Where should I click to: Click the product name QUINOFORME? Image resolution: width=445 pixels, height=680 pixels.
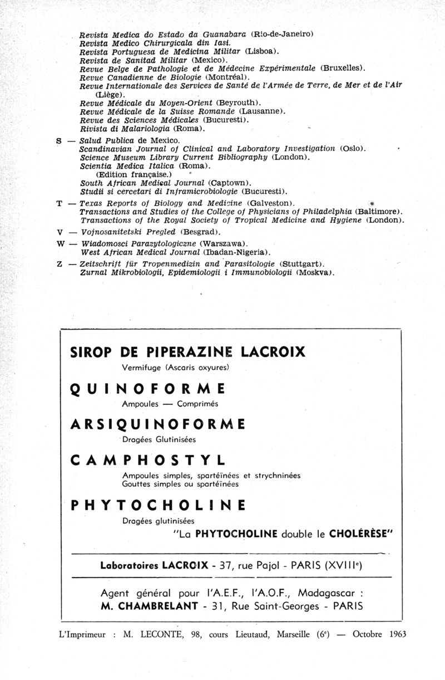coord(148,389)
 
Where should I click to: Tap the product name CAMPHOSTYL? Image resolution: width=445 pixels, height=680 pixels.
coord(149,461)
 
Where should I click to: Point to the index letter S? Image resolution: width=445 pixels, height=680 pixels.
coord(59,141)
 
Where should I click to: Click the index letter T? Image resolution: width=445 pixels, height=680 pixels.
coord(59,203)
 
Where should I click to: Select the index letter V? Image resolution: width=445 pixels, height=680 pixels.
coord(59,232)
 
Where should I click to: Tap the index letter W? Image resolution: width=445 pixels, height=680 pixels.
coord(60,244)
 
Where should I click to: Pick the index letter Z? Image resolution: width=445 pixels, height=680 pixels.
coord(59,263)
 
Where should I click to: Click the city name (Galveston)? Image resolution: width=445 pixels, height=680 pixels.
coord(270,203)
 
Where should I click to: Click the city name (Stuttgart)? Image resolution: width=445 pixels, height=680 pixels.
coord(301,263)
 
